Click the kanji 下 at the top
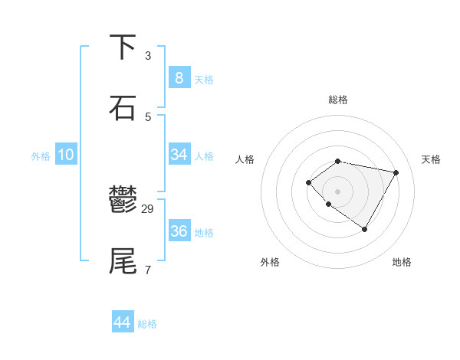pos(123,47)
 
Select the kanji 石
pos(123,107)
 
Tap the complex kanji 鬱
pos(123,201)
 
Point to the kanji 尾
pos(123,260)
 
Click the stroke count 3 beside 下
pos(148,56)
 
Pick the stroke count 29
pos(149,209)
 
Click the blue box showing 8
pos(179,77)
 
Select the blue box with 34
pos(179,155)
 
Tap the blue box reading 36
pos(179,231)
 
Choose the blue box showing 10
pos(65,155)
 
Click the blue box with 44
pos(122,322)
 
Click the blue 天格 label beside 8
pos(204,80)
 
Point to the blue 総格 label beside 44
pos(147,325)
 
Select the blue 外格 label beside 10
pos(41,156)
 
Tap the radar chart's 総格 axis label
pos(338,100)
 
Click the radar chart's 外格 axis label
pos(270,262)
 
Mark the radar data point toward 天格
pos(396,172)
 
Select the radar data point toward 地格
pos(364,229)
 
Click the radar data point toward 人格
pos(308,182)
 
